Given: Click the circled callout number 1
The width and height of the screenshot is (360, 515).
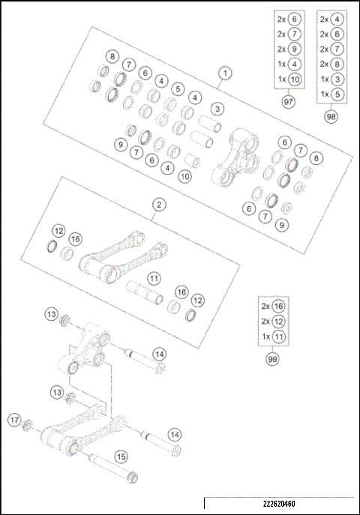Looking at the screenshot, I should tap(224, 73).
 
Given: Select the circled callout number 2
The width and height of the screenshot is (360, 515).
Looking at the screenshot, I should tap(159, 203).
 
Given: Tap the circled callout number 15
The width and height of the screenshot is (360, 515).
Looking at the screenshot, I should tap(120, 454).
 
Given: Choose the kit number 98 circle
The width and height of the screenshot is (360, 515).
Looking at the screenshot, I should tap(331, 116).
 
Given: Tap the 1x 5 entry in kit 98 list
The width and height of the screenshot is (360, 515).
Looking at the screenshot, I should tap(331, 94).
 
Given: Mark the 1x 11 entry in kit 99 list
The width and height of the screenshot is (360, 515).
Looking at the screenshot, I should tap(272, 337).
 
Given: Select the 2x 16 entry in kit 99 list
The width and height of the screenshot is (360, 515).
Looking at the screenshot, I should tap(272, 307).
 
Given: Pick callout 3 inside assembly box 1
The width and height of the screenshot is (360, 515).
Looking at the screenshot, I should tap(217, 109).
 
